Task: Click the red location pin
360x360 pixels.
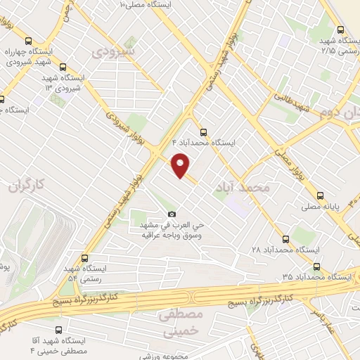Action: pos(181,165)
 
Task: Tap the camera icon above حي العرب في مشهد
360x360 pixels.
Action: pos(172,214)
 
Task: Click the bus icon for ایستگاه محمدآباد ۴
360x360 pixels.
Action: pos(203,131)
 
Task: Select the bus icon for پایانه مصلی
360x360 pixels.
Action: pos(321,195)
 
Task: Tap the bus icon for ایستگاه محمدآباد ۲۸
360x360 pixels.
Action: pos(285,238)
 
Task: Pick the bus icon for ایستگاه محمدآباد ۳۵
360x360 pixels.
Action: pos(316,266)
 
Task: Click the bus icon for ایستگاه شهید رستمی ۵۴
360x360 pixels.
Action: pos(85,258)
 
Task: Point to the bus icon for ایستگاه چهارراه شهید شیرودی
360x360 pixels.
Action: pos(28,41)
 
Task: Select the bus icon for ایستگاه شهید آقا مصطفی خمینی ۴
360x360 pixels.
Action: pos(58,328)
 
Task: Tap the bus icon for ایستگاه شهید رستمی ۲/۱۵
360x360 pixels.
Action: pos(340,30)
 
